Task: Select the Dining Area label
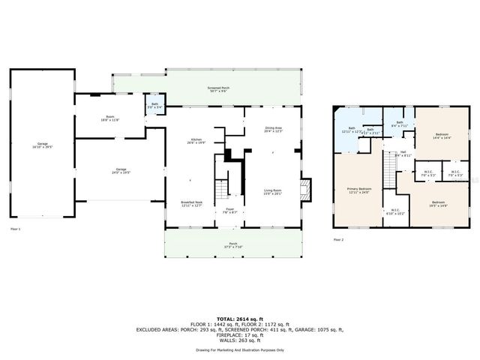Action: [273, 130]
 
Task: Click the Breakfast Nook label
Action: [191, 204]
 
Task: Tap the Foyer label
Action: [230, 211]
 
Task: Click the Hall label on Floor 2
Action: [403, 154]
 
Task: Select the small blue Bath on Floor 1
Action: [154, 106]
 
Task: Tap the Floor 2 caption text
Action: [338, 239]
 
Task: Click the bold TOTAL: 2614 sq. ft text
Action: [240, 319]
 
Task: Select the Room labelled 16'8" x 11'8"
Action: [110, 118]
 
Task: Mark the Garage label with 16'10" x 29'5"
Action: [42, 145]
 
